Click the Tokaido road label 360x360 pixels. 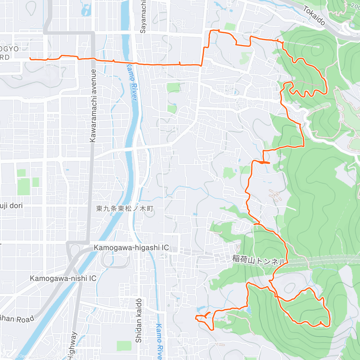314,16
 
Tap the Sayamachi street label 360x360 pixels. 143,16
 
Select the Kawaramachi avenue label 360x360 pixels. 93,106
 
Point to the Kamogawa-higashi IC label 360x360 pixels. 131,248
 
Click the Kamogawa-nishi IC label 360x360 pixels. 63,278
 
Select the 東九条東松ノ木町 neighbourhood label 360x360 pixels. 125,208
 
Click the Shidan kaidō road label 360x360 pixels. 138,320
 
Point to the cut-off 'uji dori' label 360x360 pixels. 11,206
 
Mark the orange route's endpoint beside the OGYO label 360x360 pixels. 31,58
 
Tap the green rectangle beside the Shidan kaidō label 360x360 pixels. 124,346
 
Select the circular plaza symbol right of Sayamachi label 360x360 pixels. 178,23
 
